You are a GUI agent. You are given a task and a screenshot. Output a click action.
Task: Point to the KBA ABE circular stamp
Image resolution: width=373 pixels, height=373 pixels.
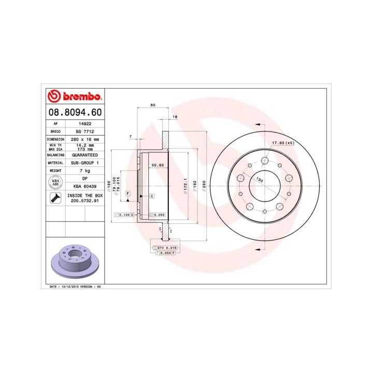(54, 182)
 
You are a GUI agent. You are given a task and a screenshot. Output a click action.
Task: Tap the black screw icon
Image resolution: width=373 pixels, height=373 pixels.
(54, 197)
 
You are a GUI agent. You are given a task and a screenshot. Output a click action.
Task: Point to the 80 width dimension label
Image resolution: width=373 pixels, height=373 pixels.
(152, 106)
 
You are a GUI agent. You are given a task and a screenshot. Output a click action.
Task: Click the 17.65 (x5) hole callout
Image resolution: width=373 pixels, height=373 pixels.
(283, 143)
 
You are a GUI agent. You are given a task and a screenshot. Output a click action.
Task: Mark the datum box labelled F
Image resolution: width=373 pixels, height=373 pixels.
(127, 193)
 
